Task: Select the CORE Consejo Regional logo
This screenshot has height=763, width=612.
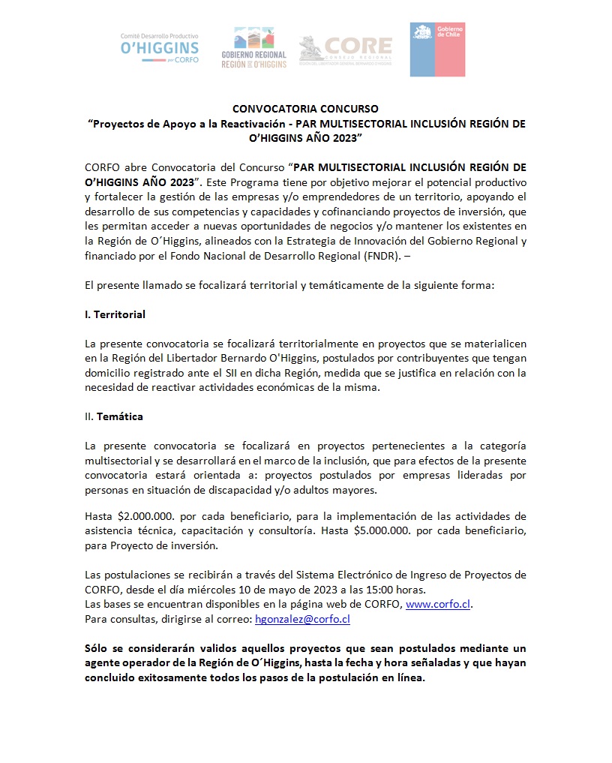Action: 345,50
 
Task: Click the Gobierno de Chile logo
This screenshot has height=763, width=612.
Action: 437,50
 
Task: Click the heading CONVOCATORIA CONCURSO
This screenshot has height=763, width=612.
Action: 305,110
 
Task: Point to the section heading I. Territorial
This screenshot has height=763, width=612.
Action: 115,314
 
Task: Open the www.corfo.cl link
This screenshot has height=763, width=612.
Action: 439,605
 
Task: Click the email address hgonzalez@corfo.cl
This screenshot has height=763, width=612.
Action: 302,620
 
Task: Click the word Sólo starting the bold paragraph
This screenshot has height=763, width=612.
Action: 98,648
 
